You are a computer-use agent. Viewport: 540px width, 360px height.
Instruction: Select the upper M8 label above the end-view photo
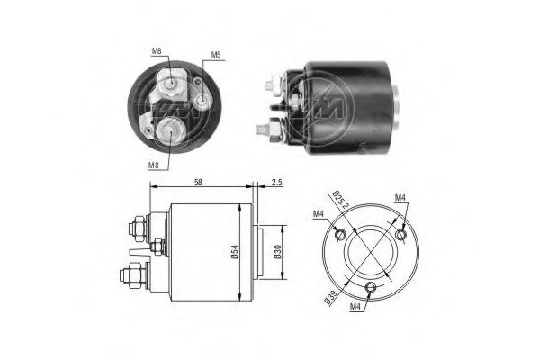point(158,51)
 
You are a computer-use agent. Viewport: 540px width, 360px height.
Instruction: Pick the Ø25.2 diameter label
point(338,201)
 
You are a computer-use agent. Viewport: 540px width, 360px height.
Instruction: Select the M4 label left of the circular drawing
point(319,213)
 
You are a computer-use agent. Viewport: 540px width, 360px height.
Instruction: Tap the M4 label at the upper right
point(399,197)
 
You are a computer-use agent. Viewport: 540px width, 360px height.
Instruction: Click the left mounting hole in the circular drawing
point(337,236)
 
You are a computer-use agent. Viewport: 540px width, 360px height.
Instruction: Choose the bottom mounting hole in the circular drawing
point(371,287)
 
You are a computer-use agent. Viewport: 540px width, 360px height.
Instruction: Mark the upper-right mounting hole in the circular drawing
point(400,235)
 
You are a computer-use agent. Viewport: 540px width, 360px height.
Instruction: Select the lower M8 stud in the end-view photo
point(169,132)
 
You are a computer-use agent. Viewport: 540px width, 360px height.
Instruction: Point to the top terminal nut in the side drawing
point(137,221)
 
